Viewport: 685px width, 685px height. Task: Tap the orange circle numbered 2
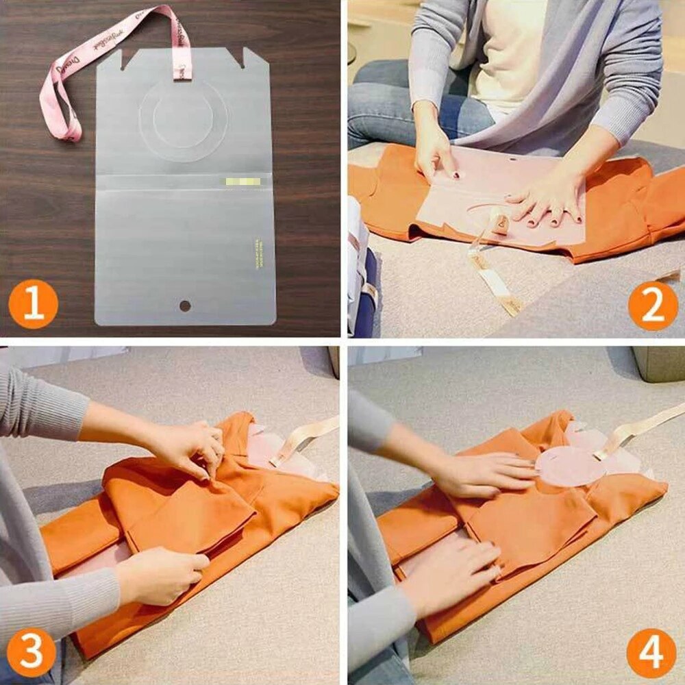pyautogui.click(x=652, y=307)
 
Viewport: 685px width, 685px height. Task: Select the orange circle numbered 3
pyautogui.click(x=32, y=653)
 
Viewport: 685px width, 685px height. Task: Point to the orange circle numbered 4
pyautogui.click(x=651, y=653)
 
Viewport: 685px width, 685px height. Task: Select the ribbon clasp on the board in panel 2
pyautogui.click(x=498, y=225)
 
